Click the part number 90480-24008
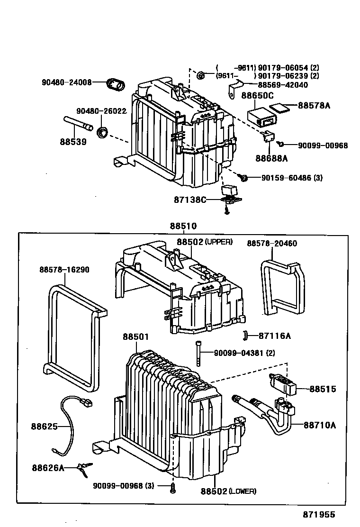pos(66,82)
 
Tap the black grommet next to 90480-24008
pos(115,84)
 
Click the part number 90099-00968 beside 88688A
pos(323,145)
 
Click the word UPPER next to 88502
pos(219,242)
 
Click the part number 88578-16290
pos(64,270)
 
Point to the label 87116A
pos(275,336)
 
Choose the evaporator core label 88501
pos(136,337)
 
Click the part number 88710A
pos(320,425)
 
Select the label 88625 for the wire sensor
pos(45,427)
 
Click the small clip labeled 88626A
pos(84,469)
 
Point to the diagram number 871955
pos(319,514)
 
